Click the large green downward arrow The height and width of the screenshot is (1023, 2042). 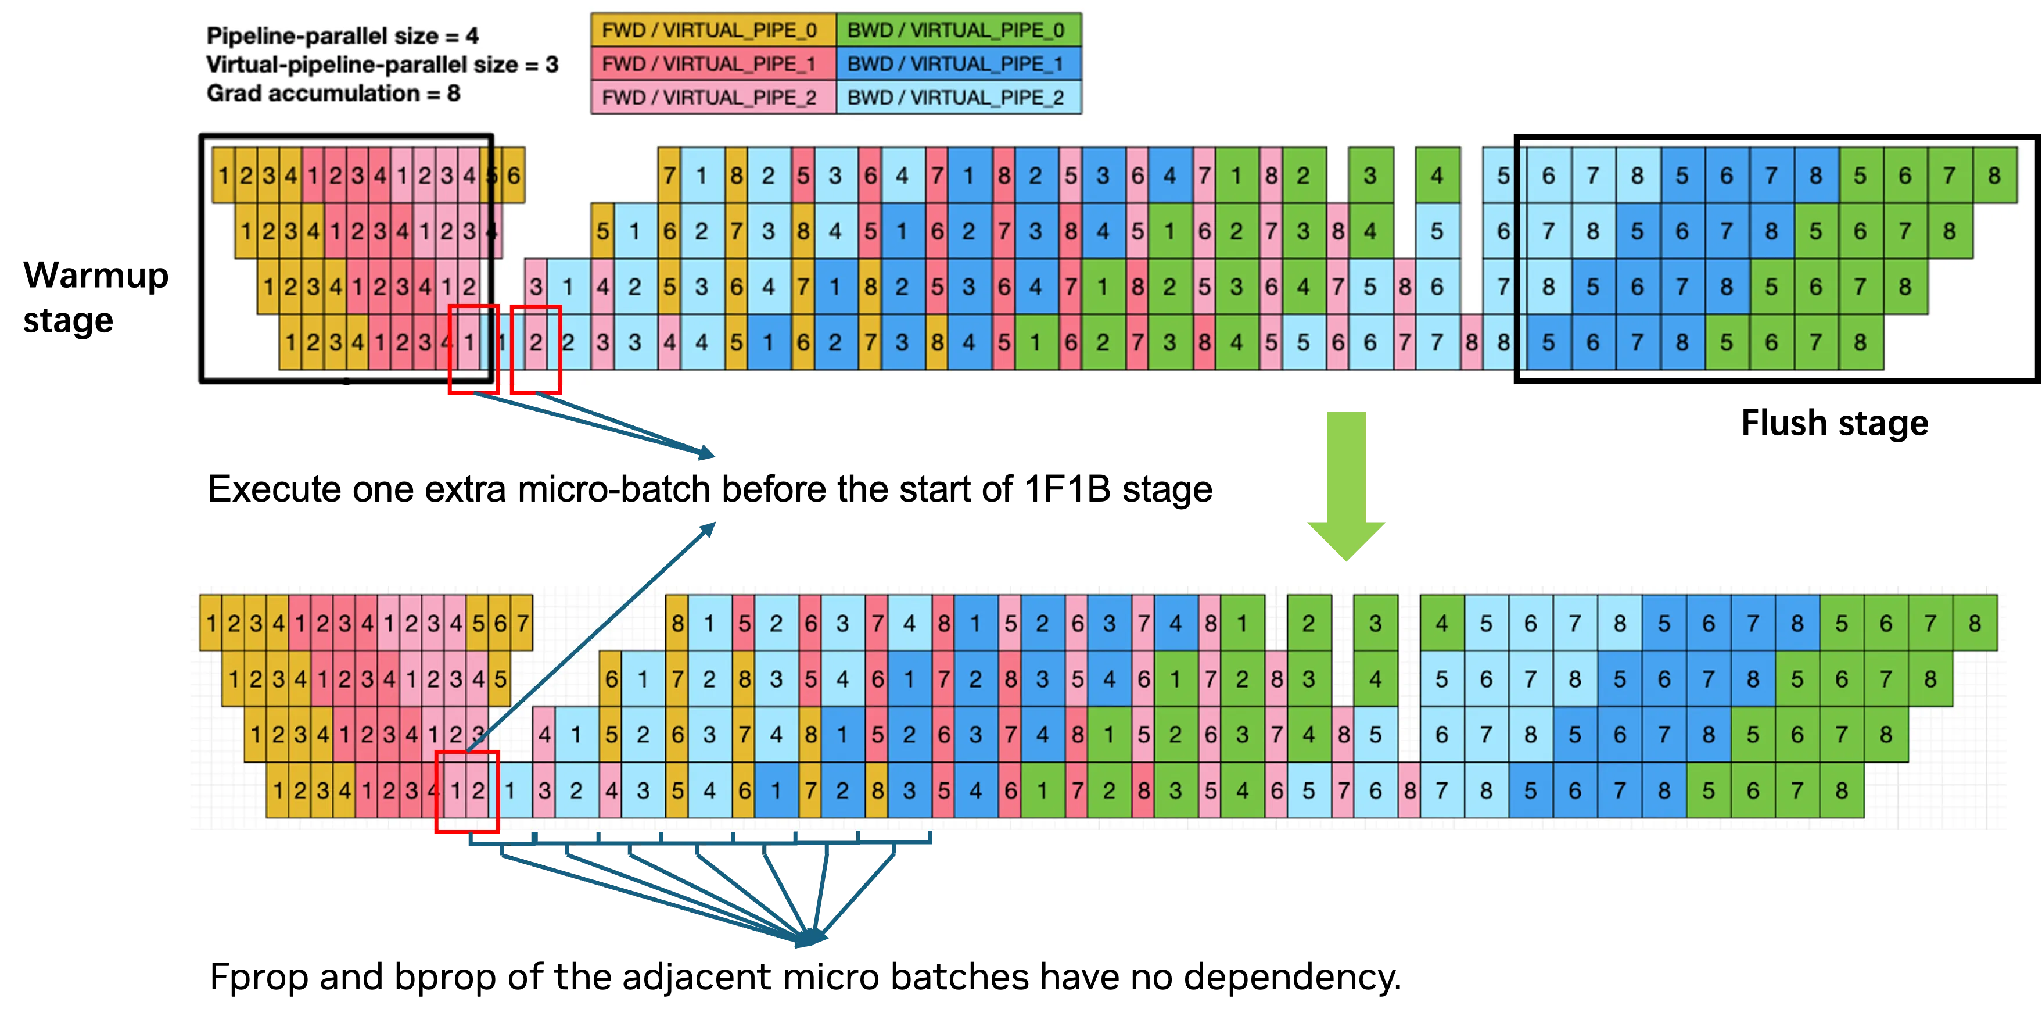[1346, 485]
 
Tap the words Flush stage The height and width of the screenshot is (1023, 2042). [1834, 423]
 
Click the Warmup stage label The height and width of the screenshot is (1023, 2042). [96, 298]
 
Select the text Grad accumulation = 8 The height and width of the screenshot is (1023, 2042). [333, 94]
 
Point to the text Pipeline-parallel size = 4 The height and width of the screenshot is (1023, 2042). [342, 35]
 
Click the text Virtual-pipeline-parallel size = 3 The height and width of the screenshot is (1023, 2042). [382, 65]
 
